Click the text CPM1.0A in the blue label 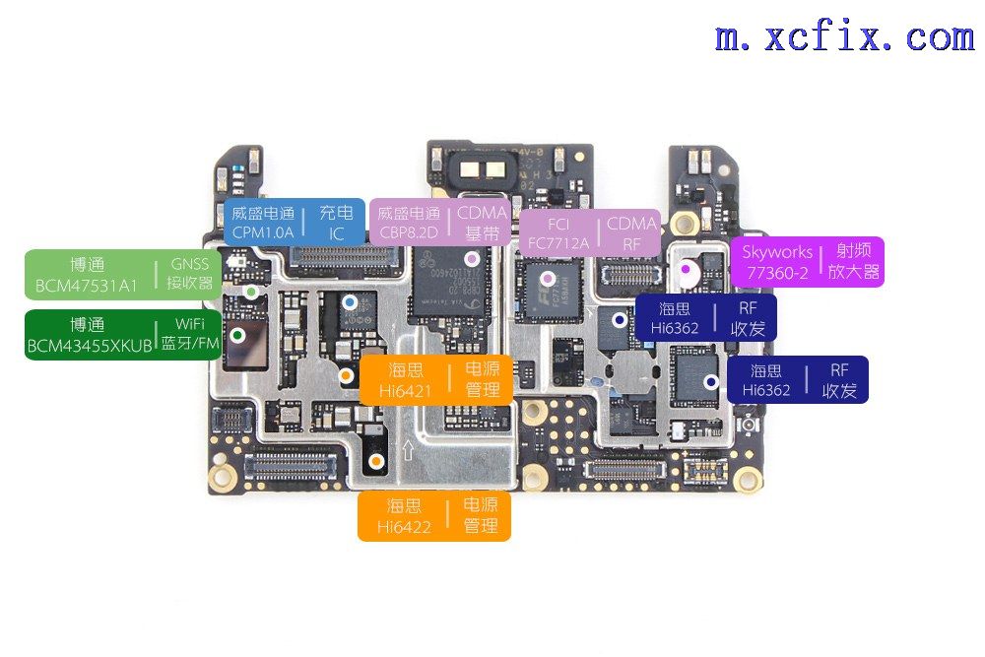click(x=263, y=232)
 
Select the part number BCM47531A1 click(x=86, y=286)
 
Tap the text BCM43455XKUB click(x=90, y=346)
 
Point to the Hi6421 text click(x=405, y=391)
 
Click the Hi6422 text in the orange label click(x=404, y=526)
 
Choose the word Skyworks click(x=777, y=252)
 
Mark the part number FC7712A click(x=558, y=243)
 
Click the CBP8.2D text click(x=409, y=232)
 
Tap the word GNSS click(x=190, y=264)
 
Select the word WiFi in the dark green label click(x=190, y=323)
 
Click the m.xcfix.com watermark click(x=845, y=36)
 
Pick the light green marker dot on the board click(x=251, y=292)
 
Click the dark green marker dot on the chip click(x=237, y=336)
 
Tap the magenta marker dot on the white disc click(x=686, y=269)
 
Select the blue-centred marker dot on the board click(x=350, y=302)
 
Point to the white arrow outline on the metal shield click(x=408, y=450)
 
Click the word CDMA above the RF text click(x=631, y=224)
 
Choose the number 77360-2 click(x=776, y=273)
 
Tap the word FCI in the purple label click(x=558, y=225)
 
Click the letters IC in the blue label click(x=336, y=234)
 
